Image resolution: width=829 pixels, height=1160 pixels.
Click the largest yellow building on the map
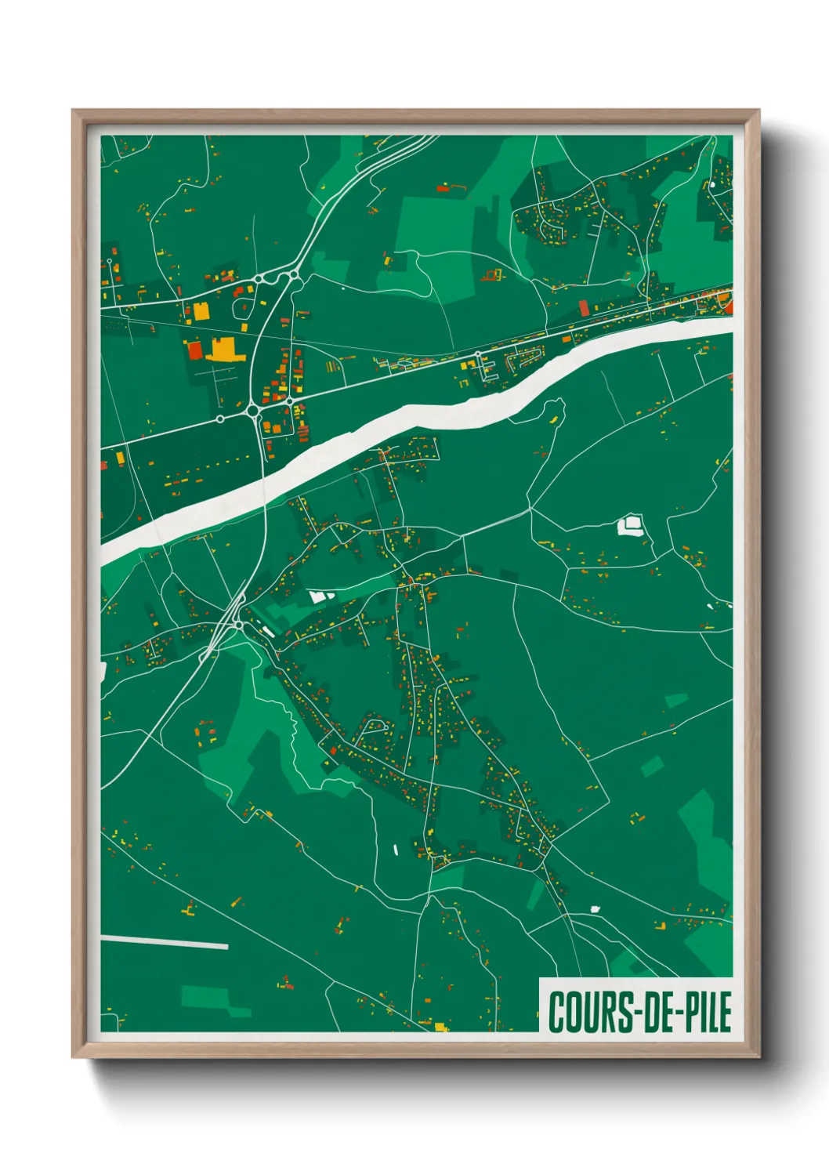225,350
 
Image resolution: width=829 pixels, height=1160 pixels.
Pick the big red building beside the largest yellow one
194,350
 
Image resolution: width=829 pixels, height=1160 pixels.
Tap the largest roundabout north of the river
254,410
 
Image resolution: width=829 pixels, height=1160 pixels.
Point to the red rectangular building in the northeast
583,307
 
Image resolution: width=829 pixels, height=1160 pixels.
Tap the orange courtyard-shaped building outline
492,274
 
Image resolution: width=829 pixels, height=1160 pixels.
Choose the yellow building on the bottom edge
440,1026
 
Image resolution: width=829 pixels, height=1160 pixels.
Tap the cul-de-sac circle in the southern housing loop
386,727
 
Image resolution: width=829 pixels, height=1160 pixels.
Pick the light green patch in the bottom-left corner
205,997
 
